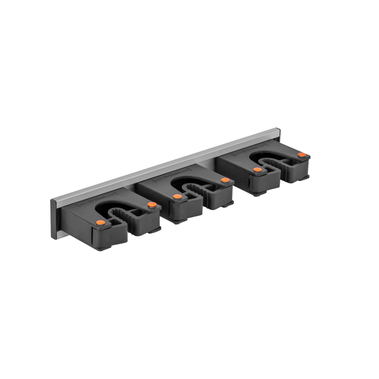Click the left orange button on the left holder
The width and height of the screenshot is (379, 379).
point(100,222)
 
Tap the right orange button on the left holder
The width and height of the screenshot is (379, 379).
point(152,205)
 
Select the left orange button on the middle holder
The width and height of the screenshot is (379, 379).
point(177,196)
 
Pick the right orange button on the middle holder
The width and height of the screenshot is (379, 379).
point(225,180)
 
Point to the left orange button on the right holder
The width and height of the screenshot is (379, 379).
point(257,170)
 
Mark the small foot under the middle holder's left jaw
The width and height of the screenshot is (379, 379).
point(178,222)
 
